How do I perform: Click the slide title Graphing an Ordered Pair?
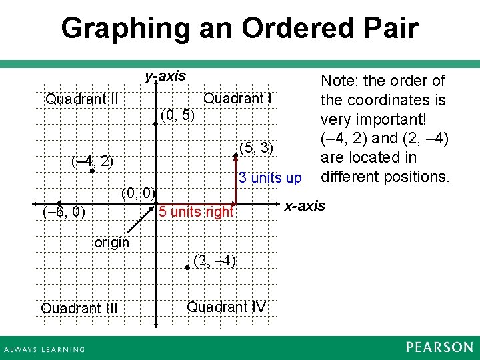coord(239,29)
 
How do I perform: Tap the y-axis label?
coord(165,76)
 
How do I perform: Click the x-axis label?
coord(305,205)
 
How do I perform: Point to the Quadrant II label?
coord(82,100)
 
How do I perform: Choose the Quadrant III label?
coord(79,308)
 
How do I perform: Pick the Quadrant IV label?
coord(226,307)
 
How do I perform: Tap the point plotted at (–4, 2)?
coord(92,171)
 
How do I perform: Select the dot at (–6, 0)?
coord(59,204)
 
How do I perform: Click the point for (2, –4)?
coord(188,266)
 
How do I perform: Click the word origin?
coord(111,243)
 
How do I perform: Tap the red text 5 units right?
coord(196,212)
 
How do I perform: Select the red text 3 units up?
coord(270,179)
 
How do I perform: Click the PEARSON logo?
coord(439,347)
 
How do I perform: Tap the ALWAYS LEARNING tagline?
coord(45,349)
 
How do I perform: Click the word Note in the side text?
coord(338,81)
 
